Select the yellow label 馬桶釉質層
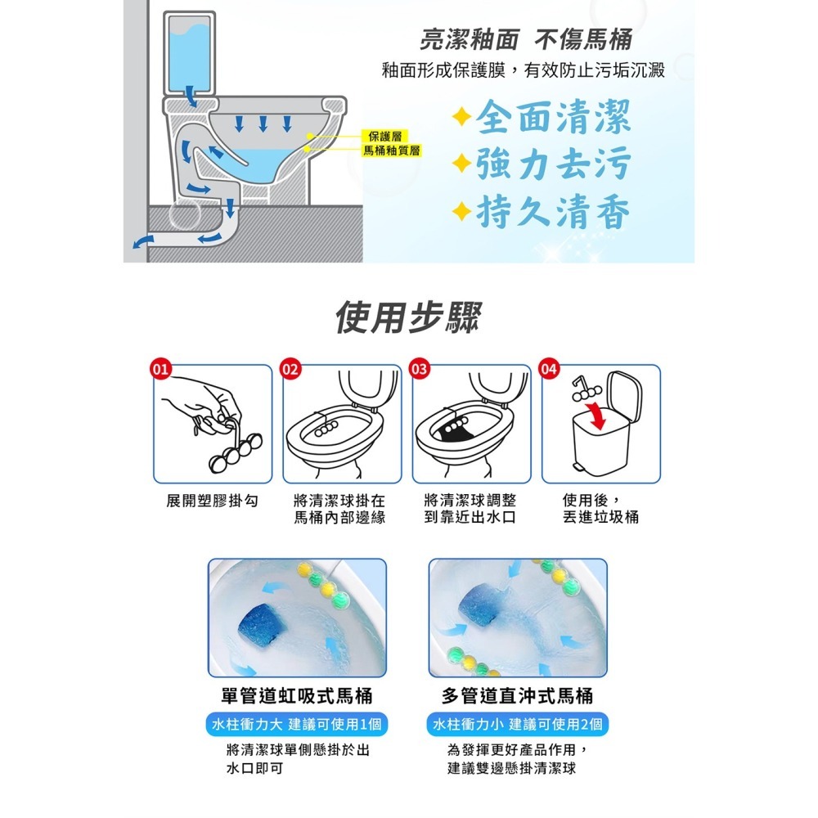click(391, 150)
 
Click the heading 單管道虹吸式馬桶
click(297, 696)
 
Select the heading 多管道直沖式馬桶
click(517, 696)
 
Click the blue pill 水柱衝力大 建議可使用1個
click(297, 725)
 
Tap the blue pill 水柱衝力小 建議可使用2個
click(518, 725)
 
